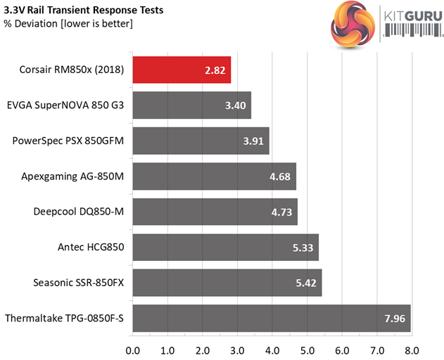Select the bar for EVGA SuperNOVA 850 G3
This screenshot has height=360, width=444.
pos(191,105)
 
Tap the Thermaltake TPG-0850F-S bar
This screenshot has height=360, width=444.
pos(271,318)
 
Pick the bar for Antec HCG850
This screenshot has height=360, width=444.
pos(225,247)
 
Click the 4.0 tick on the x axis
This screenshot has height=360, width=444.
pos(272,349)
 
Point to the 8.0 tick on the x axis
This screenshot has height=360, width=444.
pos(412,349)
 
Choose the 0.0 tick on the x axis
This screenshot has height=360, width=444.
pos(132,349)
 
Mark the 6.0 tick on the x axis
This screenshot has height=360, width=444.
pos(343,349)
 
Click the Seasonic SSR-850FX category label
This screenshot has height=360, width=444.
pos(79,283)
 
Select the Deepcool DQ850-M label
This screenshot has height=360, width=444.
pos(79,212)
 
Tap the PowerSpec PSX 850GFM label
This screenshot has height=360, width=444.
pos(68,141)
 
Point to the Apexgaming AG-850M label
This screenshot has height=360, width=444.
pos(75,176)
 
